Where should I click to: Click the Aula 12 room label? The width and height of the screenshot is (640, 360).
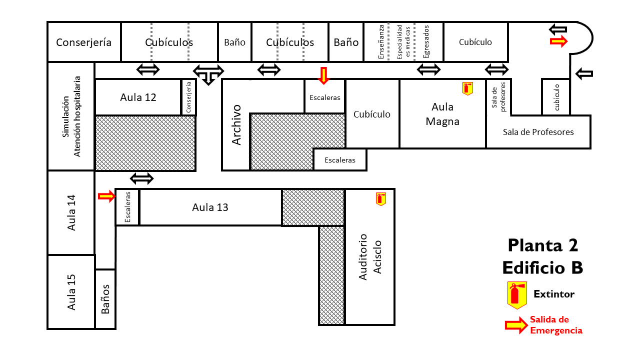[x=138, y=97]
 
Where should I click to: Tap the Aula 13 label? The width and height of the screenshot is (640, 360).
[x=210, y=207]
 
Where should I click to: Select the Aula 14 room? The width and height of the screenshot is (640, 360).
[x=71, y=212]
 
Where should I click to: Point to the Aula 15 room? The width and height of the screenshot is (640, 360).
[x=71, y=292]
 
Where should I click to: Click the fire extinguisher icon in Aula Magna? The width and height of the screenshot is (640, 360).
[x=467, y=88]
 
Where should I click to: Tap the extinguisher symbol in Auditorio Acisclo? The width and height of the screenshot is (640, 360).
[x=381, y=199]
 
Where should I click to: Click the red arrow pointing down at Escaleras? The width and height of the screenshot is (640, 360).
[x=323, y=75]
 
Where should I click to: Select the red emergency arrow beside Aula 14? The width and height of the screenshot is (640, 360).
[x=106, y=196]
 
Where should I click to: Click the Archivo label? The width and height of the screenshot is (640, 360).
[x=236, y=125]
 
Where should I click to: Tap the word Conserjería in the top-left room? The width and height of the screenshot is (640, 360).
[x=83, y=42]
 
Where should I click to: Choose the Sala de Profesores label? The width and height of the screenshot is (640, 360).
[x=538, y=132]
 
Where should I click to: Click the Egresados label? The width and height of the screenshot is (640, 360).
[x=426, y=41]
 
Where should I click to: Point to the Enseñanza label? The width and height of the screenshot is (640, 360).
[x=381, y=41]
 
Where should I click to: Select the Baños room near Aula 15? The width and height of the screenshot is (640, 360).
[x=105, y=299]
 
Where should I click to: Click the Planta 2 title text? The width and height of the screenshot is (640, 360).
[x=543, y=245]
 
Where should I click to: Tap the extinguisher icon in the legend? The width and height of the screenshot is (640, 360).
[x=517, y=295]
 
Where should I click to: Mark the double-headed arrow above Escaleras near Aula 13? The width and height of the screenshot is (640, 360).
[x=141, y=178]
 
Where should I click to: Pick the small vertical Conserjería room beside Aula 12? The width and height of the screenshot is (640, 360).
[x=188, y=97]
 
